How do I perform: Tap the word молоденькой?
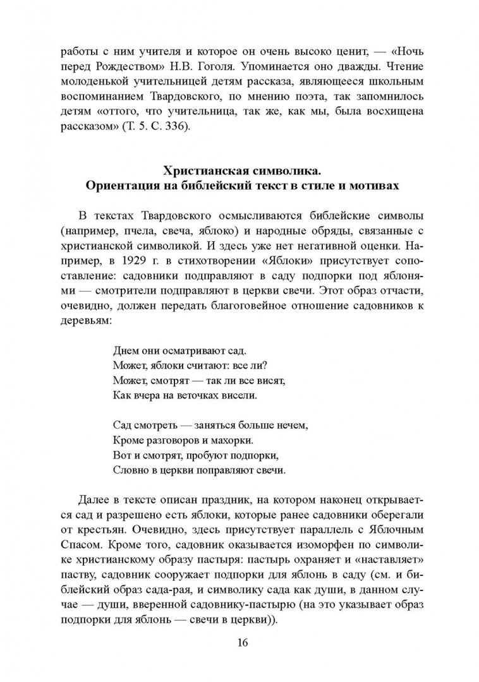pos(94,82)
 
